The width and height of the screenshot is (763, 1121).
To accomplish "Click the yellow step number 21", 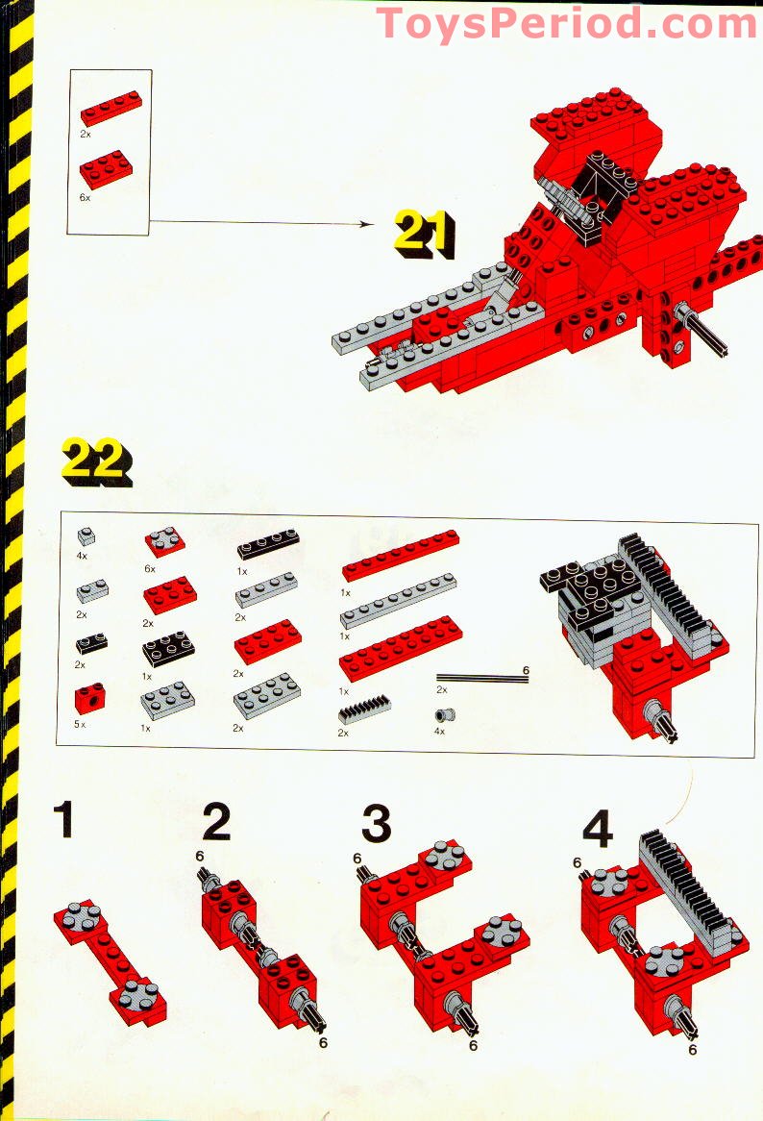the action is pyautogui.click(x=425, y=234).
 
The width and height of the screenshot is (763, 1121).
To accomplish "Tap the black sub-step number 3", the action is pyautogui.click(x=377, y=823).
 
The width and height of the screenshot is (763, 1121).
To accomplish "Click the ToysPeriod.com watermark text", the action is pyautogui.click(x=566, y=23).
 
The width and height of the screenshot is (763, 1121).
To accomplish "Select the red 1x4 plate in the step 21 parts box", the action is pyautogui.click(x=111, y=108).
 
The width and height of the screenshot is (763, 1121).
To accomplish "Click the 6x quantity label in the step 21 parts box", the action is pyautogui.click(x=85, y=197).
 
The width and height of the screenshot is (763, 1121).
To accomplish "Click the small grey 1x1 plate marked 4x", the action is pyautogui.click(x=86, y=536).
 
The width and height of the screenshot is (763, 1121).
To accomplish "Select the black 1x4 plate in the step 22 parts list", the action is pyautogui.click(x=268, y=544).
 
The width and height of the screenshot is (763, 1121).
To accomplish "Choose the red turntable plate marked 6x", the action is pyautogui.click(x=165, y=542).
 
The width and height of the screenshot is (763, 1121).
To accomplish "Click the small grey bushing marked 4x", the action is pyautogui.click(x=444, y=715).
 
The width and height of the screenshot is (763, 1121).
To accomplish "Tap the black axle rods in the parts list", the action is pyautogui.click(x=482, y=678).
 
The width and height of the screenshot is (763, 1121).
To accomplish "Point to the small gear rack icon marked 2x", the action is pyautogui.click(x=364, y=710).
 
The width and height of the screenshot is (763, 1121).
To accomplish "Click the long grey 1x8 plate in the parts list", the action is pyautogui.click(x=399, y=600).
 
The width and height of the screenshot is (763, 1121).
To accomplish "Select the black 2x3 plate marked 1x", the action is pyautogui.click(x=168, y=648).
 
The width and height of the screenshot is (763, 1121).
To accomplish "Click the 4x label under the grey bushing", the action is pyautogui.click(x=439, y=732).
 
